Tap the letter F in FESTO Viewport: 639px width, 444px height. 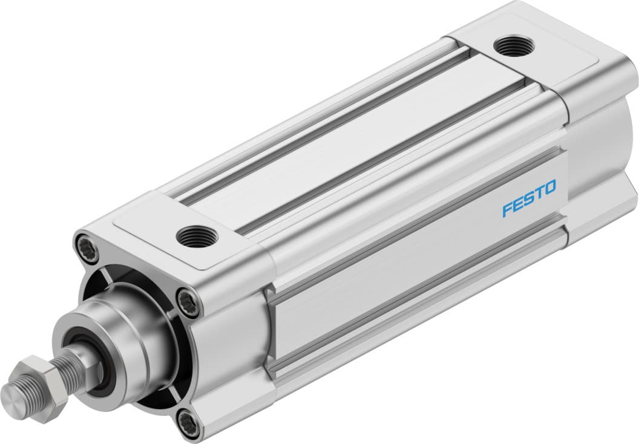[x=507, y=209]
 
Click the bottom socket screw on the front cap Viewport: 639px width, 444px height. [x=189, y=421]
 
